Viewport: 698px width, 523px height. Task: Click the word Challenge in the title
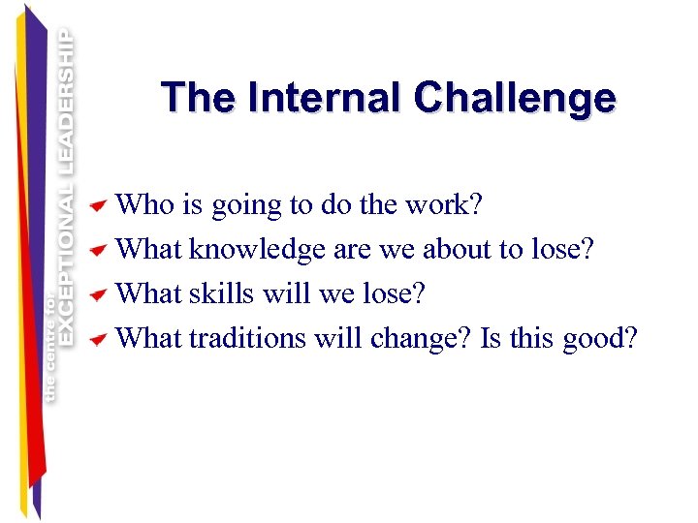tap(514, 98)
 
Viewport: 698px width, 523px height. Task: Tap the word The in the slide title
tap(200, 98)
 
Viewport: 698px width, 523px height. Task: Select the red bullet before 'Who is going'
tap(98, 206)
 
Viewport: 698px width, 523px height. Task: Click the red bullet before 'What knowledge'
tap(98, 251)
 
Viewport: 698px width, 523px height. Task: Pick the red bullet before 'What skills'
tap(98, 294)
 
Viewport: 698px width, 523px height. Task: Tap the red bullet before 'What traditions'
tap(98, 339)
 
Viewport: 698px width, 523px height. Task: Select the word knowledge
tap(257, 250)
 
